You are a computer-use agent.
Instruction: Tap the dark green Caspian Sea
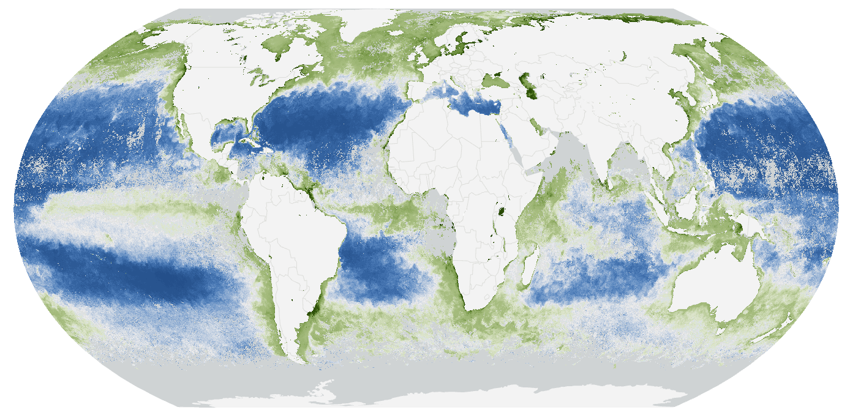pyautogui.click(x=527, y=85)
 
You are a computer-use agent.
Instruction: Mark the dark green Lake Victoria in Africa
pyautogui.click(x=504, y=212)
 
